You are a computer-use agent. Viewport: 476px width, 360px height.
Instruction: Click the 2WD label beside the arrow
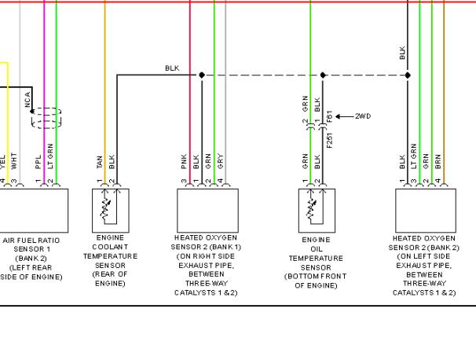363,116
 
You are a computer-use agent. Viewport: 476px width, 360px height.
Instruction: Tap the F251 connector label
330,141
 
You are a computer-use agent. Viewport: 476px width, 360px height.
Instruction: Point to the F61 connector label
330,116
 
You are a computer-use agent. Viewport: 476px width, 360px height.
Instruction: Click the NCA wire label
27,100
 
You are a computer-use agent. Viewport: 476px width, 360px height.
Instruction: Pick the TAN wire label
100,162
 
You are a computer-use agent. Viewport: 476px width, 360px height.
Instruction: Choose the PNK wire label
184,162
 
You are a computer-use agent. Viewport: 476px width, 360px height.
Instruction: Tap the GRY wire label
221,162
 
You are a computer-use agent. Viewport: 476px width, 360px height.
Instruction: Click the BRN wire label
438,162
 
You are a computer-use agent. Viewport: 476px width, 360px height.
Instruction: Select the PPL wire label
38,162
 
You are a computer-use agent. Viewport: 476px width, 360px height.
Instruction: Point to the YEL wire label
2,162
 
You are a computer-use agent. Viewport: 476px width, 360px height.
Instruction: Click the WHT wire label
14,161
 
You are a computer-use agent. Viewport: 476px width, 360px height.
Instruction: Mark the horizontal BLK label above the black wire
172,68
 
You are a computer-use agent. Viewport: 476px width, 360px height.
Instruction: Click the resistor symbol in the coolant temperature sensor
105,209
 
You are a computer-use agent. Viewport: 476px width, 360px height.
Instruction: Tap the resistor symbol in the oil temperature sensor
311,209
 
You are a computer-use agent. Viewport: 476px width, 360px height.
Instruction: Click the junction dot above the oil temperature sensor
323,75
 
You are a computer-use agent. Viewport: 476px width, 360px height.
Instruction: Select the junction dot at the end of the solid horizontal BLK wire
202,75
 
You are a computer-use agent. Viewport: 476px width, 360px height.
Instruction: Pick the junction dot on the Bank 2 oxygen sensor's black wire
408,75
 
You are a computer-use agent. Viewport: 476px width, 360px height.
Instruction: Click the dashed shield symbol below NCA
46,118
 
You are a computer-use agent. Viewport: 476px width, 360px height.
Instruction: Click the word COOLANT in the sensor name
110,247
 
